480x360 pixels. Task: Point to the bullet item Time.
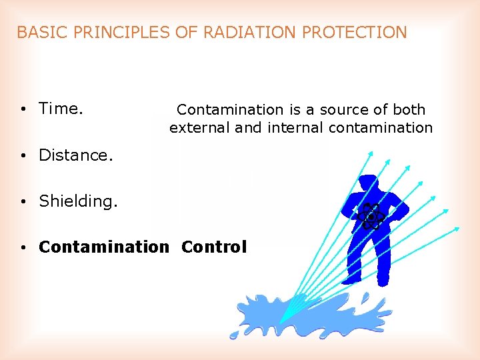coord(61,108)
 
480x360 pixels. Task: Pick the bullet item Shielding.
coord(78,201)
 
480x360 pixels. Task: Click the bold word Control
coord(214,247)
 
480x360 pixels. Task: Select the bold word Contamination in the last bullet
coord(104,247)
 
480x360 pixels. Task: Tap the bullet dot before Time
coord(23,109)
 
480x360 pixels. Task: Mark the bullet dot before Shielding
coord(23,202)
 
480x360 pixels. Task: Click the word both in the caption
coord(408,109)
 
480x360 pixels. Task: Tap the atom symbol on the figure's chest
coord(369,216)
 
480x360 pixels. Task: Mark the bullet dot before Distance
coord(23,156)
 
